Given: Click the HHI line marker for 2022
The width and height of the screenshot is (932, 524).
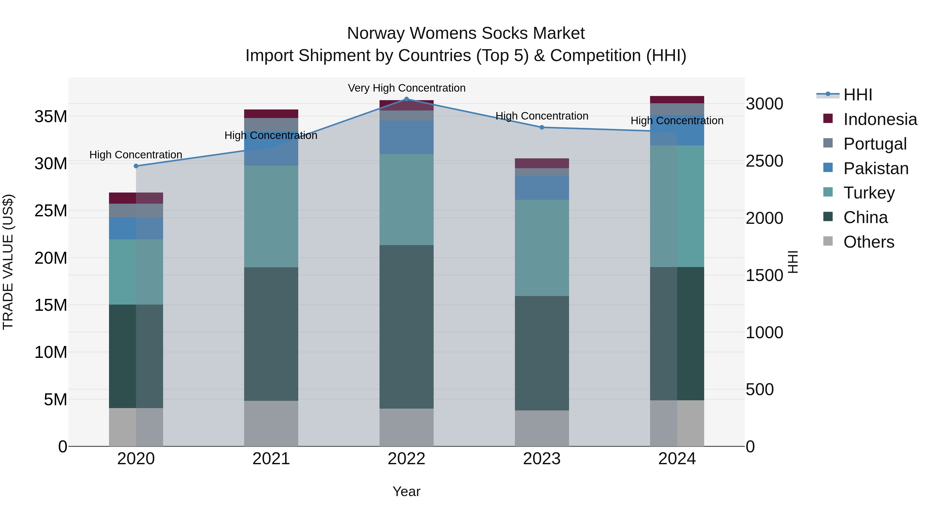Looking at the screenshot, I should pyautogui.click(x=406, y=99).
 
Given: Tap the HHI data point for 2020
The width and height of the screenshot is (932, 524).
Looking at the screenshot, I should pyautogui.click(x=136, y=166).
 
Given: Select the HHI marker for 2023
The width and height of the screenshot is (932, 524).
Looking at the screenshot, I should pyautogui.click(x=542, y=127).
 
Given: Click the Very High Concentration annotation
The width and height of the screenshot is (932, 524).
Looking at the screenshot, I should pyautogui.click(x=407, y=88).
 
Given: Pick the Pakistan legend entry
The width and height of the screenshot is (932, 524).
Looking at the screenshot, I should pyautogui.click(x=876, y=168).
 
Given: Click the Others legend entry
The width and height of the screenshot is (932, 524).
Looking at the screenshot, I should pyautogui.click(x=868, y=242).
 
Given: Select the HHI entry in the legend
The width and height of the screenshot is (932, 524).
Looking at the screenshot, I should pyautogui.click(x=857, y=95).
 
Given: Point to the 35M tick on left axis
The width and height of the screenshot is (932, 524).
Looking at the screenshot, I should pyautogui.click(x=51, y=117).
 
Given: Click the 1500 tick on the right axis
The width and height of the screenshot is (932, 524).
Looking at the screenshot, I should pyautogui.click(x=764, y=276).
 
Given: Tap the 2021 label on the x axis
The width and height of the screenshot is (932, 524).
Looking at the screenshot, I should pyautogui.click(x=271, y=459).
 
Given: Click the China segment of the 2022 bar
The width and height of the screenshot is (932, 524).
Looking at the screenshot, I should pyautogui.click(x=406, y=327).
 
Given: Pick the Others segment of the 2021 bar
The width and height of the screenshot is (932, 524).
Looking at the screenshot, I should pyautogui.click(x=271, y=423).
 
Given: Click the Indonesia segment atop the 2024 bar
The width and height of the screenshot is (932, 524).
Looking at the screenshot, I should pyautogui.click(x=677, y=100).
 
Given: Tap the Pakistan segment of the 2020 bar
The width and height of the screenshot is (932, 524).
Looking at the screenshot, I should pyautogui.click(x=136, y=228).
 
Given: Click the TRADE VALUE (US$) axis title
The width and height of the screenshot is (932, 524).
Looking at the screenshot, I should pyautogui.click(x=8, y=262).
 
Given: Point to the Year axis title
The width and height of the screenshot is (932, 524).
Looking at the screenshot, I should pyautogui.click(x=406, y=491).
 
